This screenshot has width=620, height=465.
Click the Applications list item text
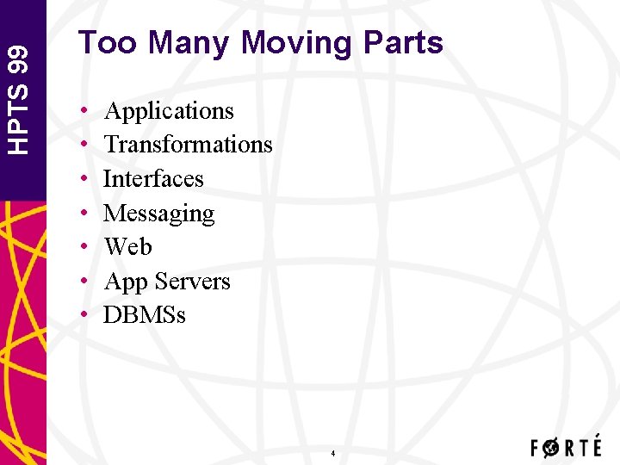tap(169, 111)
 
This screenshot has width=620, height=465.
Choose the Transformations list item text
tap(188, 145)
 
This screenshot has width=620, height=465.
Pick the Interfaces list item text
tap(153, 179)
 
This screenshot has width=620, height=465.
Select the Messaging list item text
tap(158, 214)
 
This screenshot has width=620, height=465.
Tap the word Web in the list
tap(127, 247)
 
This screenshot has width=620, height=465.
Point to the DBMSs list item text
tap(144, 315)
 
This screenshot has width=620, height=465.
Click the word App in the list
tap(123, 282)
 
